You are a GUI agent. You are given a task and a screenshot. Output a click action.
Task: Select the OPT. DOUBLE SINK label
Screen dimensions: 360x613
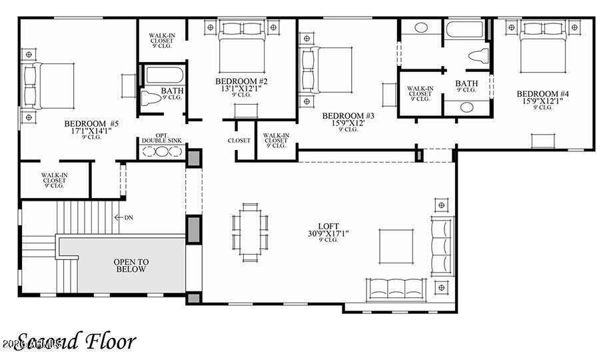(161, 137)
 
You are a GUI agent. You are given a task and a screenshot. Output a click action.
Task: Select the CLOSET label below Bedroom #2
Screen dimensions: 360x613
(239, 141)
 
